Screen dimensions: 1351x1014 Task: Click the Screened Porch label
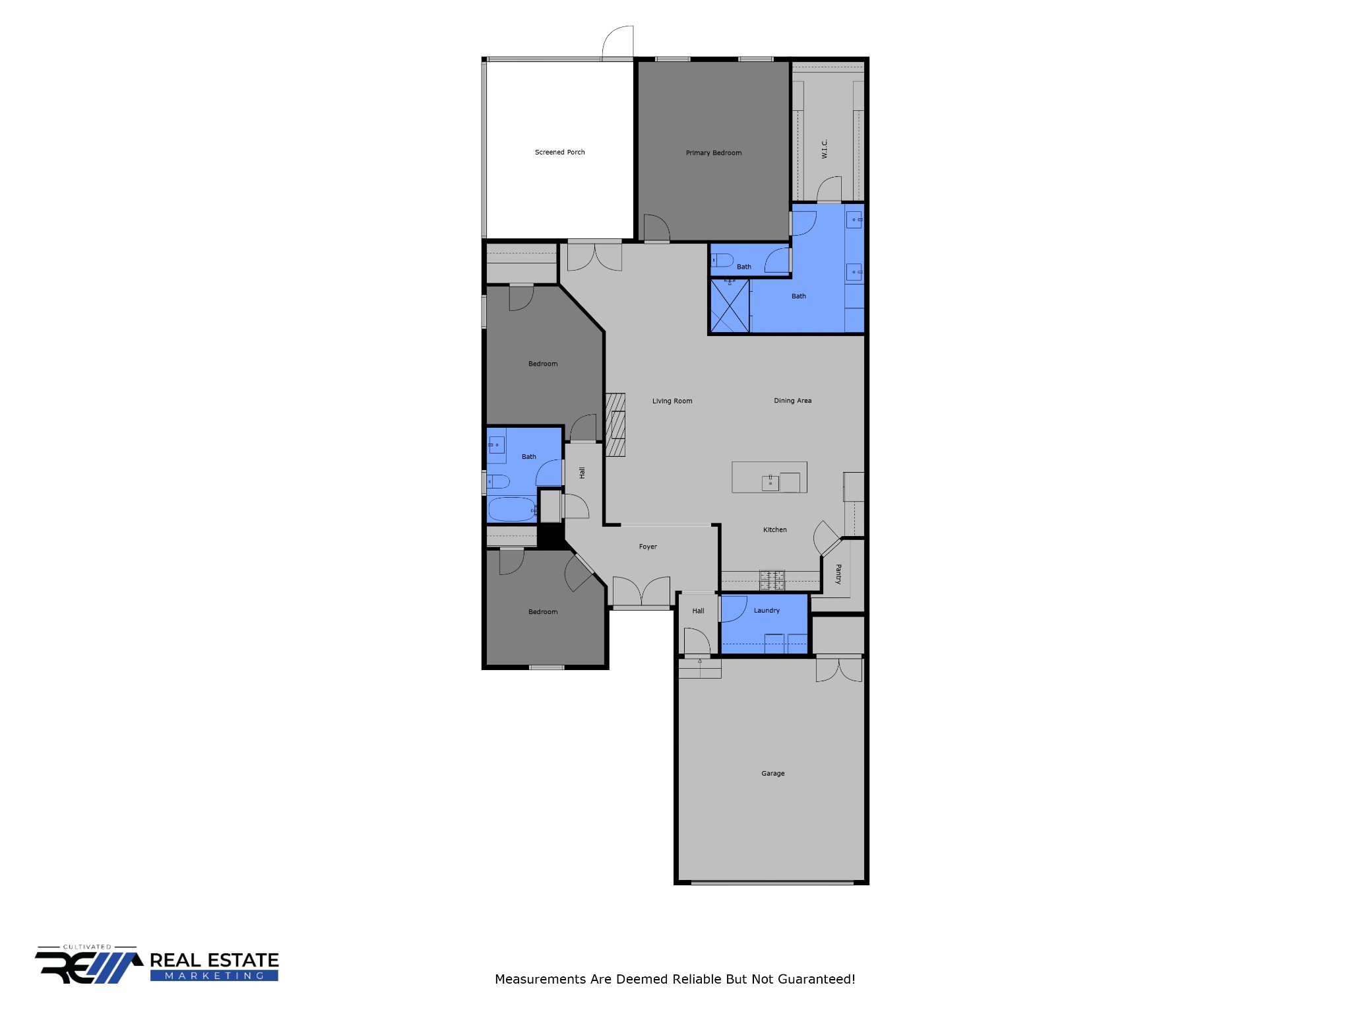pyautogui.click(x=559, y=152)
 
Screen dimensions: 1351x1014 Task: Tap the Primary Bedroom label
pyautogui.click(x=713, y=152)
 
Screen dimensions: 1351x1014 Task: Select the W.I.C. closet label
pyautogui.click(x=825, y=149)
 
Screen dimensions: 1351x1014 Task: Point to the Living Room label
pyautogui.click(x=672, y=401)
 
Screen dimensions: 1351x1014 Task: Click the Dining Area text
pyautogui.click(x=792, y=400)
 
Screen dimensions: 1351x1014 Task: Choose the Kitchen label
pyautogui.click(x=774, y=529)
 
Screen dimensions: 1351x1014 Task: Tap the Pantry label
pyautogui.click(x=838, y=574)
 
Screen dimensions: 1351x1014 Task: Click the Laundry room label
pyautogui.click(x=767, y=611)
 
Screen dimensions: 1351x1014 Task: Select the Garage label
pyautogui.click(x=772, y=773)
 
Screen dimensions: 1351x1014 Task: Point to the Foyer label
pyautogui.click(x=648, y=547)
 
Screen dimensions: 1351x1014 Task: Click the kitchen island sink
pyautogui.click(x=770, y=483)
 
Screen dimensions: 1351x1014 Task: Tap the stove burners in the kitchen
pyautogui.click(x=772, y=580)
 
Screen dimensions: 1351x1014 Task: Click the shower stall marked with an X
pyautogui.click(x=730, y=306)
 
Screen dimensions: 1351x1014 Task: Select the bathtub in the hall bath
pyautogui.click(x=511, y=510)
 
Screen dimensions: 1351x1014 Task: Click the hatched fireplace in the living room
pyautogui.click(x=615, y=424)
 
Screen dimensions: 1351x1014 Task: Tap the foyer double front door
pyautogui.click(x=641, y=591)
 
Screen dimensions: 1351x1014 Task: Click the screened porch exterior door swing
pyautogui.click(x=618, y=42)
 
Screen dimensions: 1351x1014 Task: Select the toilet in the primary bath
pyautogui.click(x=722, y=260)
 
